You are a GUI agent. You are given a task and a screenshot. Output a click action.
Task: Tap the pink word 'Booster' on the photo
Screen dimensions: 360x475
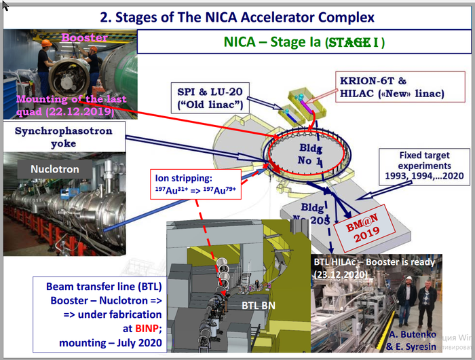[x=84, y=38]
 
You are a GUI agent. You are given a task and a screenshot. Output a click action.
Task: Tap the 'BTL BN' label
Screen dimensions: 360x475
[x=261, y=306]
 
